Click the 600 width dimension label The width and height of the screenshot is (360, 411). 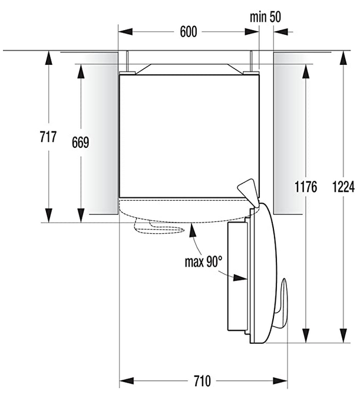pyautogui.click(x=189, y=32)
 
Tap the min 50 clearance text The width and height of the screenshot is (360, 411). pyautogui.click(x=265, y=16)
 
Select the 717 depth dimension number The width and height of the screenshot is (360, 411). pyautogui.click(x=48, y=137)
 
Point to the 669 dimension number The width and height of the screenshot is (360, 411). pyautogui.click(x=81, y=142)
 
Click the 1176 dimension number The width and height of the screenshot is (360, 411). pyautogui.click(x=306, y=187)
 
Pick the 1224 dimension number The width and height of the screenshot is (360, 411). pyautogui.click(x=344, y=187)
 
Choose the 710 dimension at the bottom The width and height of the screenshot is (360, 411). pyautogui.click(x=202, y=381)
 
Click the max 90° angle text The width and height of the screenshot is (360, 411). pyautogui.click(x=203, y=261)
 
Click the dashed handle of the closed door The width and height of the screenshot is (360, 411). pyautogui.click(x=159, y=227)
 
